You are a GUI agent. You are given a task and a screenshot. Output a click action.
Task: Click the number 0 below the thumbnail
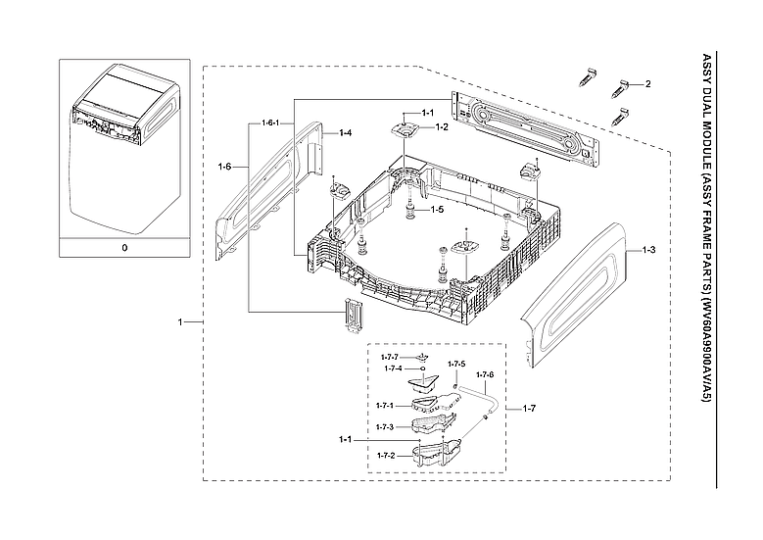click(x=124, y=248)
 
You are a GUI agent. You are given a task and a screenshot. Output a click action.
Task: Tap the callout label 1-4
click(x=345, y=131)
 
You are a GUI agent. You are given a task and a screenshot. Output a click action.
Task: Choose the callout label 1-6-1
click(x=271, y=123)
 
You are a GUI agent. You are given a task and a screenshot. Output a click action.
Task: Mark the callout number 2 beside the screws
click(x=646, y=85)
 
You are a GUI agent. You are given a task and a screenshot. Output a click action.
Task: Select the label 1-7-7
click(x=391, y=358)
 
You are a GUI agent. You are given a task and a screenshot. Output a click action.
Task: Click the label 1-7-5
click(x=456, y=365)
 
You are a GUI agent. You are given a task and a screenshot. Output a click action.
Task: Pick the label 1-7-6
click(x=485, y=375)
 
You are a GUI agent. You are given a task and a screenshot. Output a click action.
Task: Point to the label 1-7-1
click(x=385, y=405)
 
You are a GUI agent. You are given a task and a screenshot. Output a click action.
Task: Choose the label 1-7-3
click(x=385, y=427)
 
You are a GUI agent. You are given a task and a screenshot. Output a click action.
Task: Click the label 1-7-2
click(x=385, y=456)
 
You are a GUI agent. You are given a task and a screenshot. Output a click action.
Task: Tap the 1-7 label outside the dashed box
click(x=530, y=407)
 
